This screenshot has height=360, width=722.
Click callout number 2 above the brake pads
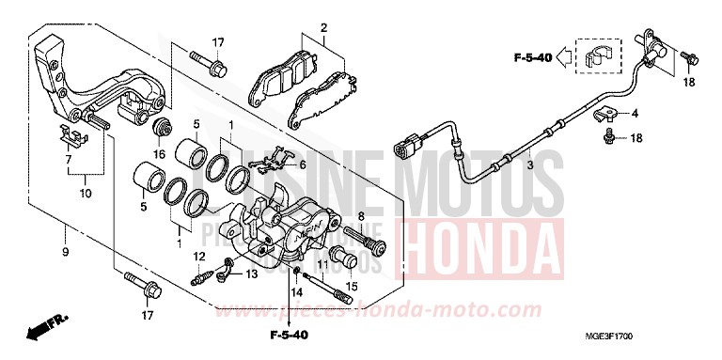(322, 27)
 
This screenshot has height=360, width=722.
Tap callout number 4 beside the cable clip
(635, 113)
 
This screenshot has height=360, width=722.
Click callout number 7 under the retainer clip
(68, 160)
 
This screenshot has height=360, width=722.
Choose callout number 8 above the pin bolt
(360, 216)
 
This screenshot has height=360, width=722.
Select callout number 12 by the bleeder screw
(199, 256)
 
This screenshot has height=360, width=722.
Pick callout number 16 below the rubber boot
(159, 154)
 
